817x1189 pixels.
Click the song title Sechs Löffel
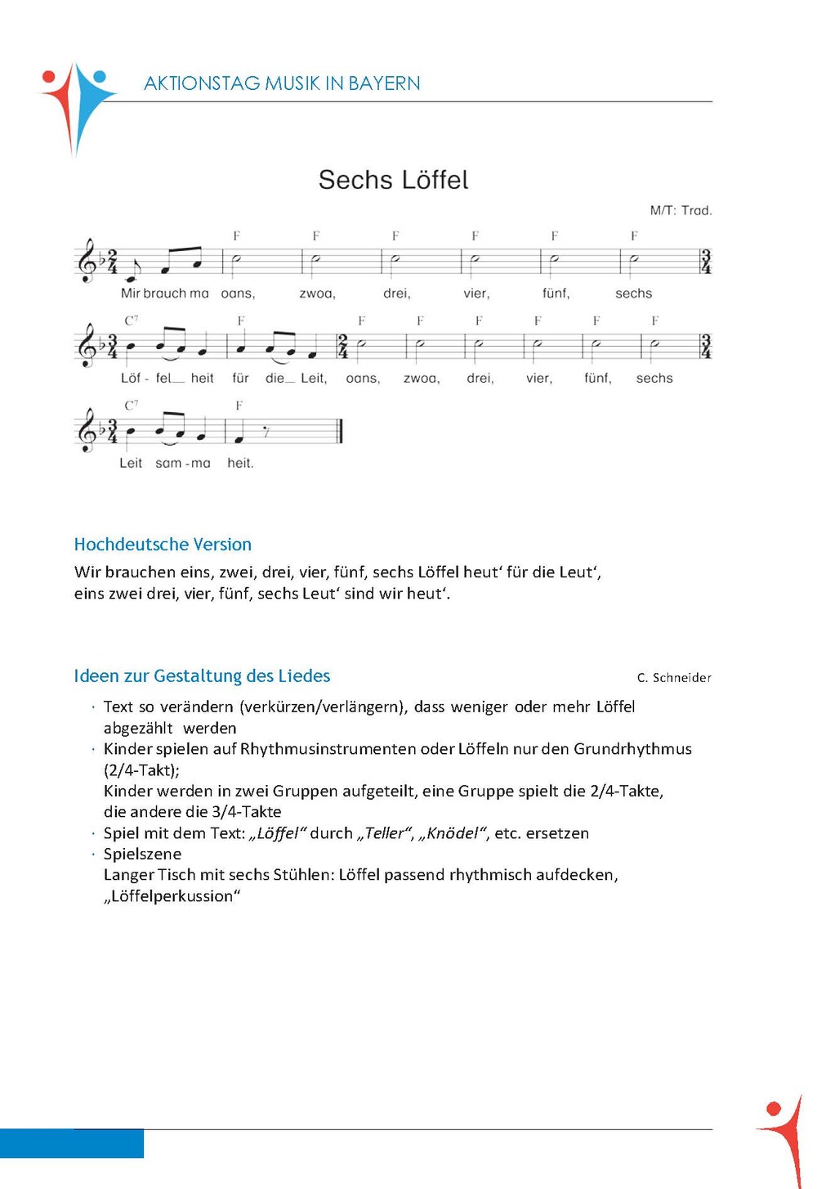coord(393,180)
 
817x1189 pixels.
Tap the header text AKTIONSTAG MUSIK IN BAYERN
coord(282,83)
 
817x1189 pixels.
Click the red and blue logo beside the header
coord(78,106)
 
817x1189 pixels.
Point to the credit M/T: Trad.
coord(681,211)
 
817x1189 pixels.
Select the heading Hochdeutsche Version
coord(163,545)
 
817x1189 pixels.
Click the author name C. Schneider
coord(674,678)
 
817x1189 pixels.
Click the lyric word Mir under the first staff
coord(130,294)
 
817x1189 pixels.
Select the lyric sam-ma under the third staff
coord(183,463)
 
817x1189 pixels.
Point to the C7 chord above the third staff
coord(132,405)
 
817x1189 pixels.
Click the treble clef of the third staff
coord(87,431)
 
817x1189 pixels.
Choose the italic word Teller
coord(384,833)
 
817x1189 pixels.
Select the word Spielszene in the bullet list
coord(142,854)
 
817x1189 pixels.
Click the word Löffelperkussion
coord(172,896)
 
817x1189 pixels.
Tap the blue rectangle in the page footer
coord(72,1143)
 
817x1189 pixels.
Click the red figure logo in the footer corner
coord(783,1137)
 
